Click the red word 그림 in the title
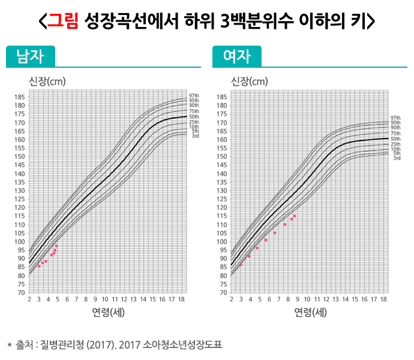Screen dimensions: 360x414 (62, 22)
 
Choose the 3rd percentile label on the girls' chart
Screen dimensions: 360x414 (397, 158)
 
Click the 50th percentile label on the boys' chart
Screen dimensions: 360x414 (194, 116)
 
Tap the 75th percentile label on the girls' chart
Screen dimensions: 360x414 (396, 133)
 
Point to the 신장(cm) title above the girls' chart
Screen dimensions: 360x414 (249, 81)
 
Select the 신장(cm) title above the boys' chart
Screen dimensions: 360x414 (47, 81)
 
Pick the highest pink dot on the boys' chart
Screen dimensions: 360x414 (56, 246)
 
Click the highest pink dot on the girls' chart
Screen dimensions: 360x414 (295, 216)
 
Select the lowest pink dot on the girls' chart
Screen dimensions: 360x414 (241, 265)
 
